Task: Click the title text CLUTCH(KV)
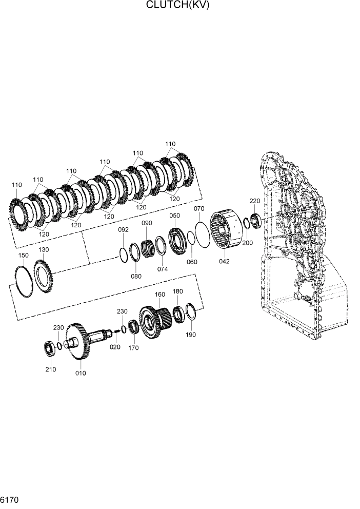click(178, 6)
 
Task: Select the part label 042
click(224, 261)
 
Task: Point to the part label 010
click(81, 373)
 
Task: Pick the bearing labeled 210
click(50, 349)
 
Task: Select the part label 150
click(23, 255)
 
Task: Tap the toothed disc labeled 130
click(44, 276)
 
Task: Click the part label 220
click(255, 201)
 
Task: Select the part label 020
click(115, 347)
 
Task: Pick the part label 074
click(163, 268)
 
